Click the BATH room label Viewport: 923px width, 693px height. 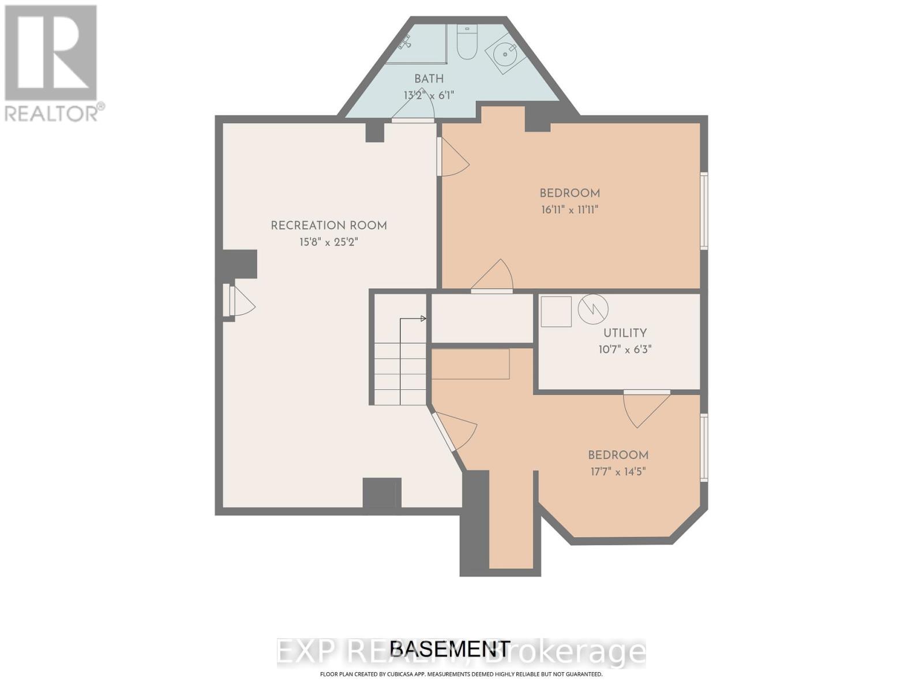[x=429, y=79]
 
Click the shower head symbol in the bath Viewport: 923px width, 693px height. [x=406, y=42]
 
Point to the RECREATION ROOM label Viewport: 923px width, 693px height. [x=329, y=226]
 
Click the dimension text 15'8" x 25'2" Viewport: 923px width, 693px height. [x=329, y=242]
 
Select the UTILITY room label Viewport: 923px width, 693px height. [x=625, y=333]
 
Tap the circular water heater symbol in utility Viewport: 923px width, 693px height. [x=593, y=309]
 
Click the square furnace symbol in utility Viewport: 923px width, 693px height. [x=556, y=312]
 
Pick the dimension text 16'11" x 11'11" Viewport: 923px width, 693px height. [x=569, y=210]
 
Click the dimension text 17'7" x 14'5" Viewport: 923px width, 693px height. [x=618, y=471]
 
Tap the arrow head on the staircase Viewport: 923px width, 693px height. [x=423, y=318]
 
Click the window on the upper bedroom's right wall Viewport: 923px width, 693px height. [x=704, y=211]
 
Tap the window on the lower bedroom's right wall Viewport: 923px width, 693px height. [x=704, y=448]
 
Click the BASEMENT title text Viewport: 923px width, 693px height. [x=450, y=649]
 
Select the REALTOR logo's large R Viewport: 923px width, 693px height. [x=51, y=53]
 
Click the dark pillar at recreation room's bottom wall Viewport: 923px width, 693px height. [x=381, y=493]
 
